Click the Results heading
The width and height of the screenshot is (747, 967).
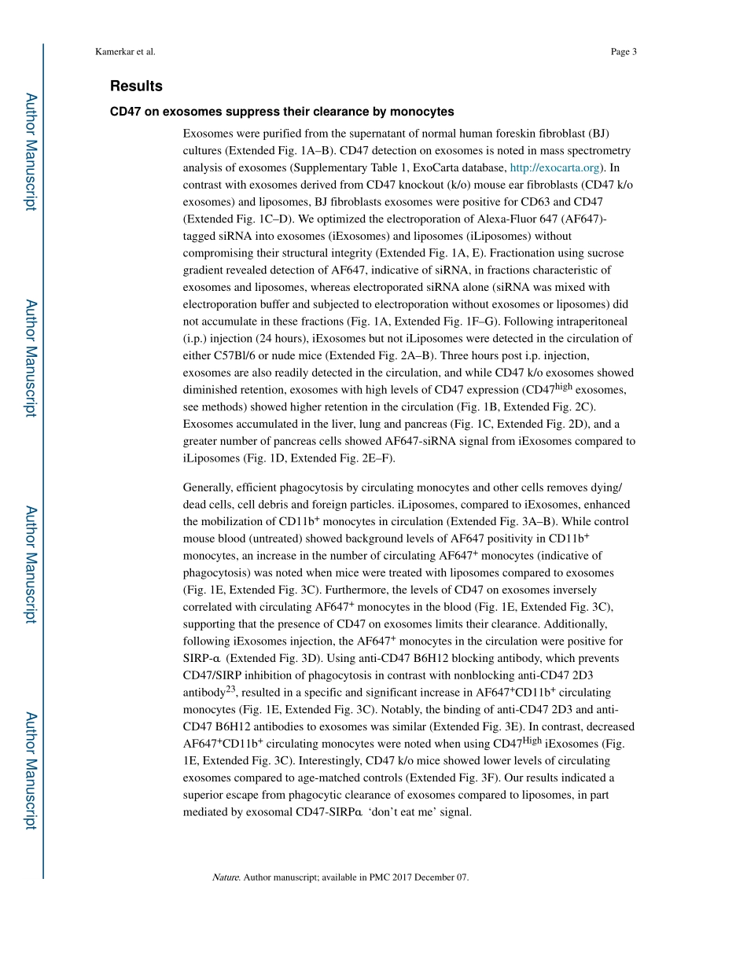point(136,86)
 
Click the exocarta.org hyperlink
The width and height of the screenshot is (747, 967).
point(555,167)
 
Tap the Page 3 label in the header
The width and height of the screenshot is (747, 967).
point(623,52)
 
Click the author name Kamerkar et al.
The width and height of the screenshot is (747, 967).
point(126,52)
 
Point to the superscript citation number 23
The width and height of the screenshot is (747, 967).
point(230,689)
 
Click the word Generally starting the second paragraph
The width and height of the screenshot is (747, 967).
point(206,487)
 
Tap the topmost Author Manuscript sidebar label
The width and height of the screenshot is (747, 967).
point(30,152)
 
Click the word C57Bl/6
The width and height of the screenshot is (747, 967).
point(239,355)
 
